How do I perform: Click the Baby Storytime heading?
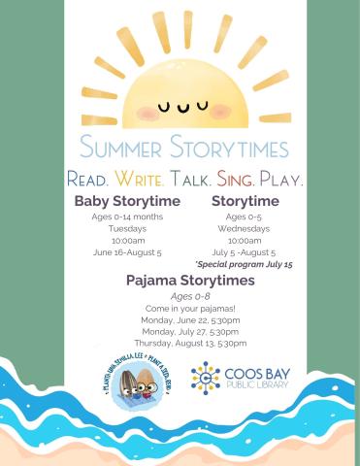pos(127,200)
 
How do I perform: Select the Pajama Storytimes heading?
pos(190,280)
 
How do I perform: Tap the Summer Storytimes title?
pos(185,150)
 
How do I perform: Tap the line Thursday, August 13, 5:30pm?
pos(190,343)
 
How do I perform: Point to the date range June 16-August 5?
pos(127,251)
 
